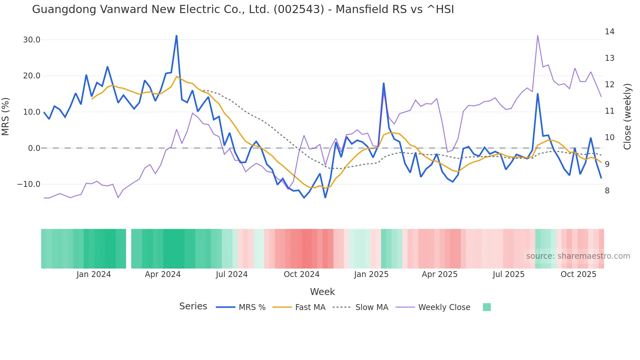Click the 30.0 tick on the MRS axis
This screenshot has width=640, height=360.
[x=31, y=40]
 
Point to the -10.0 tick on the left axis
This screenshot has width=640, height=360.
[x=29, y=184]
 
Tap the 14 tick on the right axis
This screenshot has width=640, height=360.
[x=609, y=32]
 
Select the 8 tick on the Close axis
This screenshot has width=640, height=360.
[x=607, y=191]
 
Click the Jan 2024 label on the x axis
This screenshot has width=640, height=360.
[x=94, y=274]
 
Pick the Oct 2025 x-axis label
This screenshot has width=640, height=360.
[x=578, y=274]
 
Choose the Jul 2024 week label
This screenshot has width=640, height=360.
[x=232, y=274]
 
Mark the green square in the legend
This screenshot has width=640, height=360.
[x=487, y=307]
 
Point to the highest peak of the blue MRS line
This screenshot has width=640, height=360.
[x=176, y=36]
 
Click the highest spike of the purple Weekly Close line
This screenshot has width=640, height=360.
[x=537, y=36]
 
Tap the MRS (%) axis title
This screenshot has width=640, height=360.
[x=6, y=116]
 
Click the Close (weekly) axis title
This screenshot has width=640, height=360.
[x=627, y=116]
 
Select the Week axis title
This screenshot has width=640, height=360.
[x=322, y=292]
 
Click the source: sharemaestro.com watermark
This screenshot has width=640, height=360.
[x=578, y=256]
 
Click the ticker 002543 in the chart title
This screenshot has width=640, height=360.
[x=299, y=9]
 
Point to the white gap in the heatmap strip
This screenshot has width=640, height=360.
[x=129, y=249]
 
